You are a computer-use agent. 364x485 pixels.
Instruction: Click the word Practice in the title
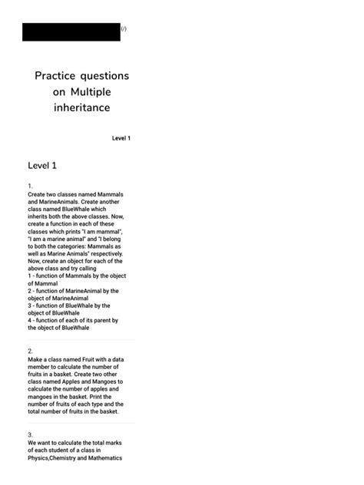tap(58, 76)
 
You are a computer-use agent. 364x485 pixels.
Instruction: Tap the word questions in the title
tap(106, 76)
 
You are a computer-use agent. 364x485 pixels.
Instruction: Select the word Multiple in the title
tap(91, 92)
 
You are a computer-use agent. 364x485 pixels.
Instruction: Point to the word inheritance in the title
tap(81, 107)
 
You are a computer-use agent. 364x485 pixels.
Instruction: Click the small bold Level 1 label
tap(121, 138)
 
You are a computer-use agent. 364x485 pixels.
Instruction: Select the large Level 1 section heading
tap(42, 165)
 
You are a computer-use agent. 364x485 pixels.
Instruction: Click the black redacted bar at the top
tap(71, 31)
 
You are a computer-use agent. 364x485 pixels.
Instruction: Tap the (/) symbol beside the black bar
tap(124, 29)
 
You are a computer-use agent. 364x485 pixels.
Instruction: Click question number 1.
tap(30, 186)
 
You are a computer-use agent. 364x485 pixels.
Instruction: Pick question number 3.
tap(30, 434)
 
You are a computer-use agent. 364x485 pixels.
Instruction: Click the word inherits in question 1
tap(39, 216)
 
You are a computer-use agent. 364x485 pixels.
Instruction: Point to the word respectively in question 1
tap(105, 253)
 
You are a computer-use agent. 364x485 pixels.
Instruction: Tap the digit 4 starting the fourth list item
tap(30, 320)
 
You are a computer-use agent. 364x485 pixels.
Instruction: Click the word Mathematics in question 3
tap(104, 458)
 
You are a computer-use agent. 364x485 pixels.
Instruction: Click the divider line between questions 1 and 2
tap(81, 340)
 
